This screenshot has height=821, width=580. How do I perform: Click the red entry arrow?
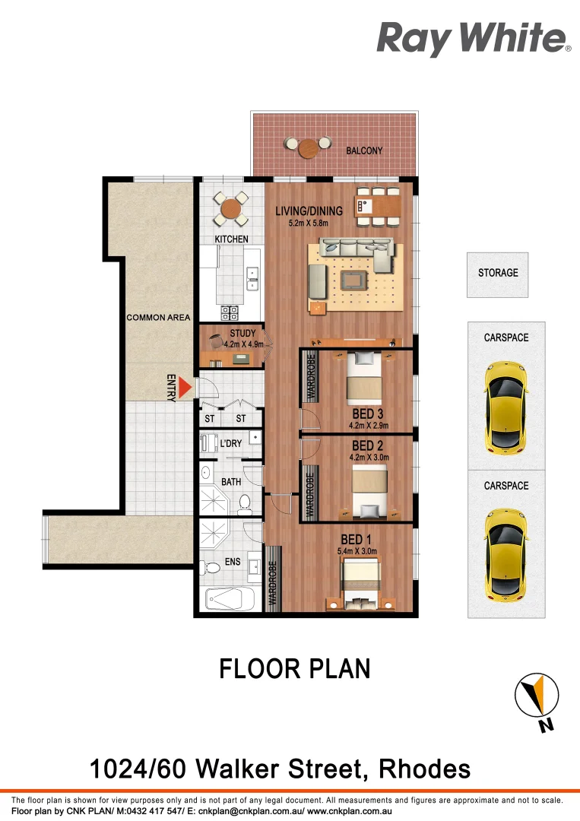[184, 388]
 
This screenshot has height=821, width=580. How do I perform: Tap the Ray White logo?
[474, 38]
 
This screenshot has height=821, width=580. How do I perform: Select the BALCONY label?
[364, 151]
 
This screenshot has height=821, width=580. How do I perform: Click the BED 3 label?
[367, 414]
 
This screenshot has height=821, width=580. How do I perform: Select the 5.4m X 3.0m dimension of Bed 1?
[357, 551]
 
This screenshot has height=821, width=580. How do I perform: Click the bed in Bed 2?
[369, 491]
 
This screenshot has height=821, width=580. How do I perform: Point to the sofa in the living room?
[356, 254]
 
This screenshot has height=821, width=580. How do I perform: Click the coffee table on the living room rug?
[353, 281]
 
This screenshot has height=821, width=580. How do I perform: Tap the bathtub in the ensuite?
[229, 601]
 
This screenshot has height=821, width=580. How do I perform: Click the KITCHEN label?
[232, 239]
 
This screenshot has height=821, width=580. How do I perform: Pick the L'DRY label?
[230, 443]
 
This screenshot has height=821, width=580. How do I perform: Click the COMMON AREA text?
[158, 317]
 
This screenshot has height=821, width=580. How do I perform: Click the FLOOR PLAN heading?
[295, 669]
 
